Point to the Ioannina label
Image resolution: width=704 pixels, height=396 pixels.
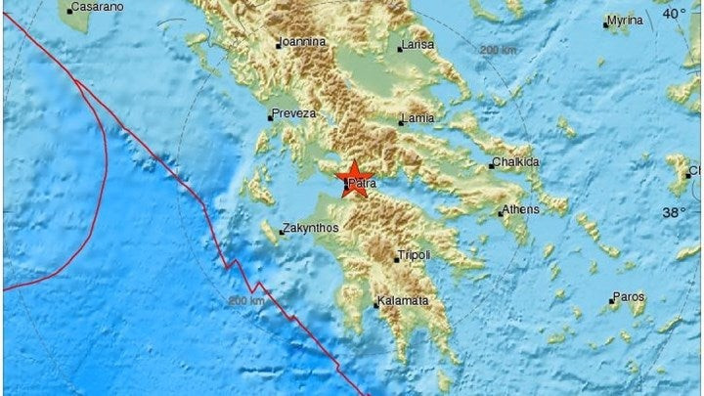pos(303,42)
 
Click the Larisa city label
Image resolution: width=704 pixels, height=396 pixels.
pos(418,46)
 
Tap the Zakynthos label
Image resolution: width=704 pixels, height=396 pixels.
pos(310,229)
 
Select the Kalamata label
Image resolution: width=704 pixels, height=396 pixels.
pos(403,302)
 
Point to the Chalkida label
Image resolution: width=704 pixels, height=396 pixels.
pos(517,163)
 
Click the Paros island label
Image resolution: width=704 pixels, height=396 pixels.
pos(628,296)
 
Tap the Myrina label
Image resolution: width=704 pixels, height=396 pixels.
pos(626,21)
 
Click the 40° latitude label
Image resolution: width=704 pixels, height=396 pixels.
pos(674,13)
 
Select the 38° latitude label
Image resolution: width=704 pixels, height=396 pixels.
pos(674,212)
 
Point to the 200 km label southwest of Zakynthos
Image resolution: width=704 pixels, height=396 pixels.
pos(245,301)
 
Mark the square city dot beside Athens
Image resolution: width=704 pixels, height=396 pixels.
pos(500,211)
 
